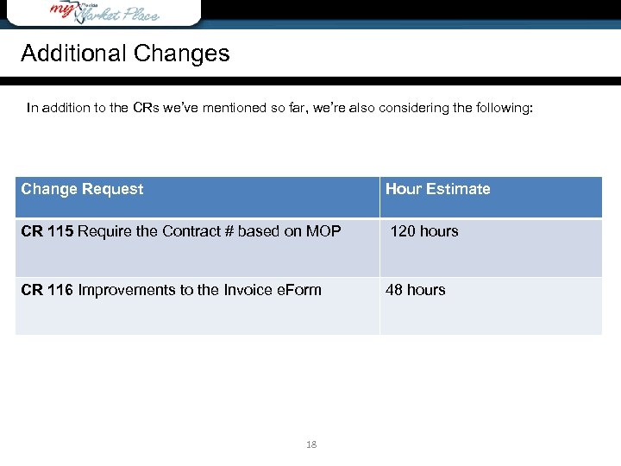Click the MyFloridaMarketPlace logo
(x=104, y=11)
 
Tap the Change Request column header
(x=82, y=189)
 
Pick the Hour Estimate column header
(x=437, y=189)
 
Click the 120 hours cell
(x=424, y=231)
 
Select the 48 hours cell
(x=415, y=290)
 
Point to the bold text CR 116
(x=47, y=290)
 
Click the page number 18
(x=311, y=444)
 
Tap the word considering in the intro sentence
(x=405, y=109)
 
